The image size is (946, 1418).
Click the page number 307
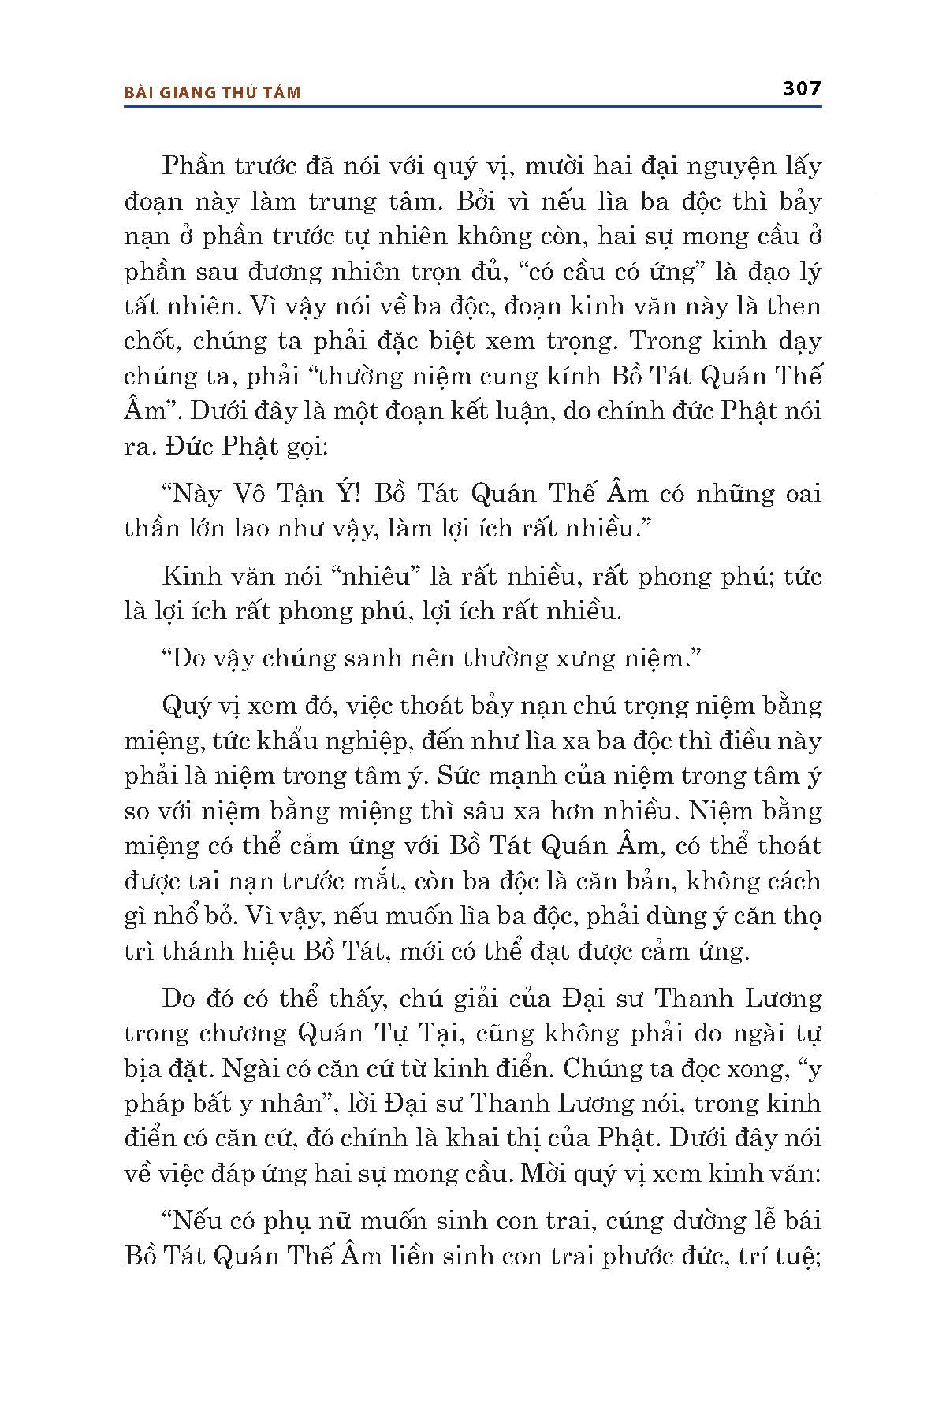tap(803, 87)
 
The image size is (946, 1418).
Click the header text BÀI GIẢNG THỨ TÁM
tap(213, 93)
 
